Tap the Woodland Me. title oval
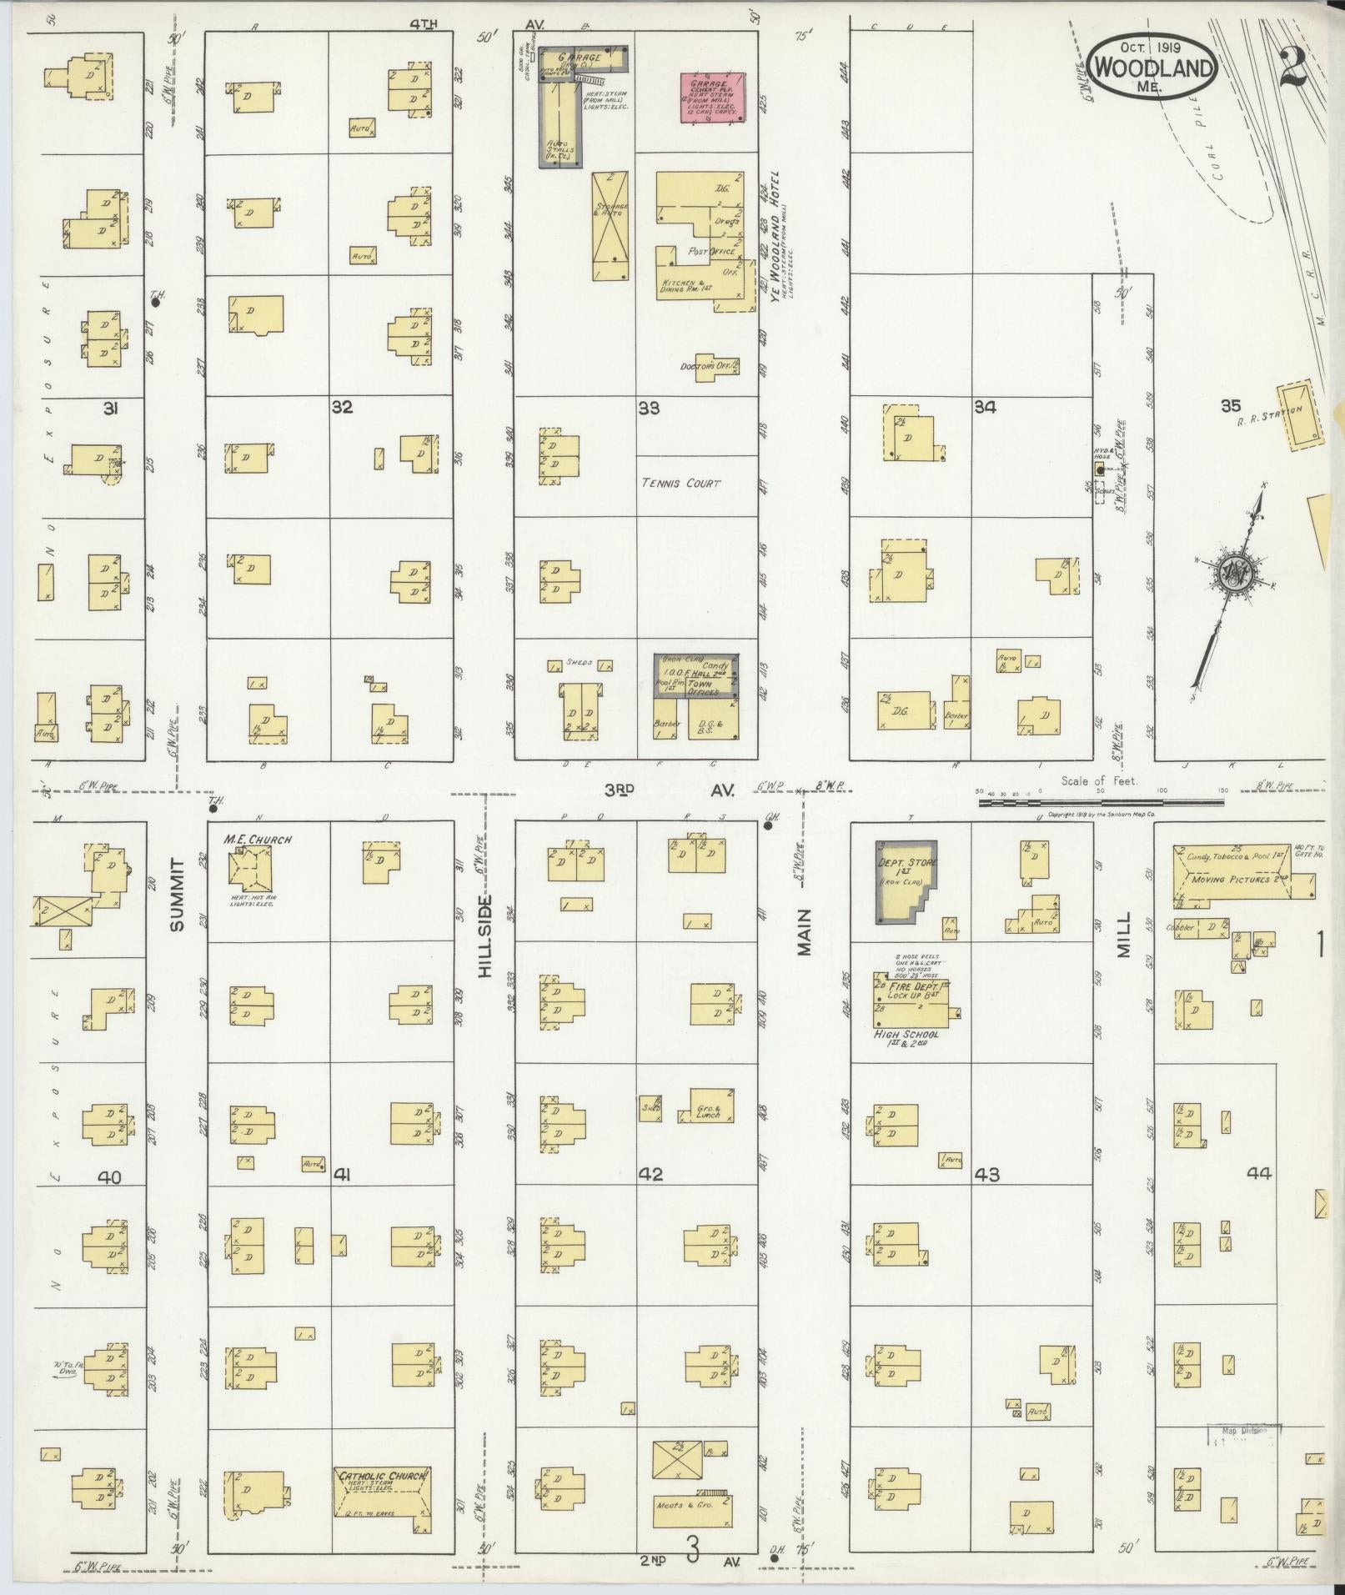pos(1151,66)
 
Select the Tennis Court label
pos(681,483)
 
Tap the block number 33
pos(649,408)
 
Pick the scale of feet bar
pos(1101,802)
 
